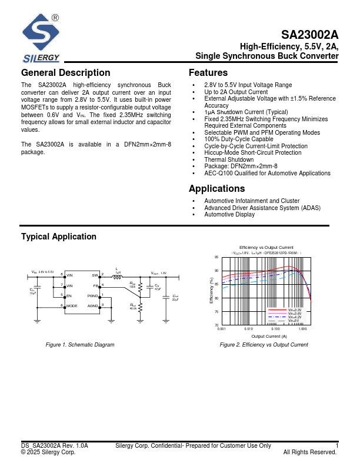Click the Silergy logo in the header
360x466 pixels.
pos(41,38)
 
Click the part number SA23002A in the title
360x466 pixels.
pos(309,35)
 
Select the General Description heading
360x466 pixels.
pos(65,73)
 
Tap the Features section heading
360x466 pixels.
pos(208,73)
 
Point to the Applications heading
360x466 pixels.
pos(216,189)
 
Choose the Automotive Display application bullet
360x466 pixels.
pos(229,214)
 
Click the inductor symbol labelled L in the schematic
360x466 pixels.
pos(118,275)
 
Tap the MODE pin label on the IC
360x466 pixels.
pos(72,306)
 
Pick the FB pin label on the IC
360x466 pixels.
pos(95,285)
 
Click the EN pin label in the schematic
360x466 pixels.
pos(69,295)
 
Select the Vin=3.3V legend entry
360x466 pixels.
pos(295,310)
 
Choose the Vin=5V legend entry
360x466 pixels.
pos(294,321)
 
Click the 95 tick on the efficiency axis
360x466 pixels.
pos(216,258)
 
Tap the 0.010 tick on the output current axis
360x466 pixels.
pos(249,329)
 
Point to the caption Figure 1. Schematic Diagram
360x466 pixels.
pos(80,345)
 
